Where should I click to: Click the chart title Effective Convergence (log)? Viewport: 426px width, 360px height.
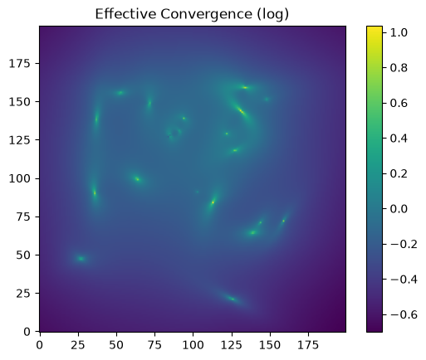click(x=192, y=14)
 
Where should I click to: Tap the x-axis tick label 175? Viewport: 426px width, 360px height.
click(x=308, y=345)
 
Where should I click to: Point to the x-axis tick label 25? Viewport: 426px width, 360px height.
click(x=78, y=345)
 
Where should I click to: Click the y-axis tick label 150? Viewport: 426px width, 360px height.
click(x=19, y=102)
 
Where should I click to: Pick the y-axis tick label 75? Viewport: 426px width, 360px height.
click(x=23, y=216)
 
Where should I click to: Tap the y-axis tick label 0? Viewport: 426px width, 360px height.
click(x=27, y=331)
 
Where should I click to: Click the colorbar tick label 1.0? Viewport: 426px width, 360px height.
click(x=399, y=32)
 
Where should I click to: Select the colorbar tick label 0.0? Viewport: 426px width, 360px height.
click(x=399, y=209)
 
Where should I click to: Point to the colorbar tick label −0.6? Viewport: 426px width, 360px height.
click(x=404, y=314)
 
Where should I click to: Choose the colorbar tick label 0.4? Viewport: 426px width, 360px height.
click(x=399, y=139)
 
